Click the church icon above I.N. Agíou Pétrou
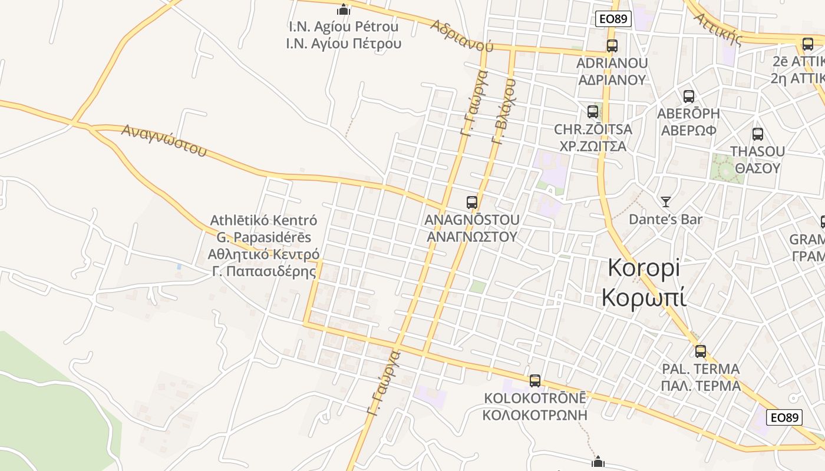(344, 9)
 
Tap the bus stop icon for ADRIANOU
(612, 45)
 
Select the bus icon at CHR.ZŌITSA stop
(593, 111)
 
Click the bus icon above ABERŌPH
(688, 97)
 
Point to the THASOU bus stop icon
(758, 134)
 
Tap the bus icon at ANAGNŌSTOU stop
(472, 203)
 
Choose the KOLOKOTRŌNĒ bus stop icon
(535, 380)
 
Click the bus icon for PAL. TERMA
(701, 351)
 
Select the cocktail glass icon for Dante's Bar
(666, 202)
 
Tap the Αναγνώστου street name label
(164, 140)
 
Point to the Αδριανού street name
(461, 35)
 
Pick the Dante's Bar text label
(665, 220)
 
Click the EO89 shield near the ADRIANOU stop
(613, 19)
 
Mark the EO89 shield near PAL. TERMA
(784, 417)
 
